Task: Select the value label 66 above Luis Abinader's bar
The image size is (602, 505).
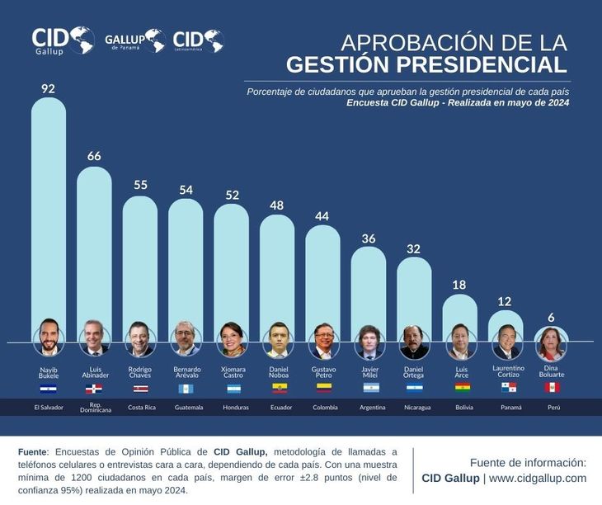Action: [x=94, y=156]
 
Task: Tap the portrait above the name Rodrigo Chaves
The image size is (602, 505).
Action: [x=139, y=339]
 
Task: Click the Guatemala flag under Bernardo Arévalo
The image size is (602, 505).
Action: [x=186, y=388]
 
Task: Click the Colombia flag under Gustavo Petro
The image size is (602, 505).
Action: [x=323, y=388]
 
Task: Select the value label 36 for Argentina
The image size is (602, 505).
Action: [x=369, y=238]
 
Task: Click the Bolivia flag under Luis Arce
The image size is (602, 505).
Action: [x=460, y=388]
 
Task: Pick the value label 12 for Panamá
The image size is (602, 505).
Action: [x=506, y=301]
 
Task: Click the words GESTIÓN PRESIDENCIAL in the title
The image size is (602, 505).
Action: [x=426, y=65]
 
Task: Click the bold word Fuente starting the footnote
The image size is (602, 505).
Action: [x=33, y=451]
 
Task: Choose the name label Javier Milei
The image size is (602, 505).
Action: [x=369, y=372]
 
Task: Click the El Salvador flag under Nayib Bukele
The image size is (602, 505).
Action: [x=49, y=388]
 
